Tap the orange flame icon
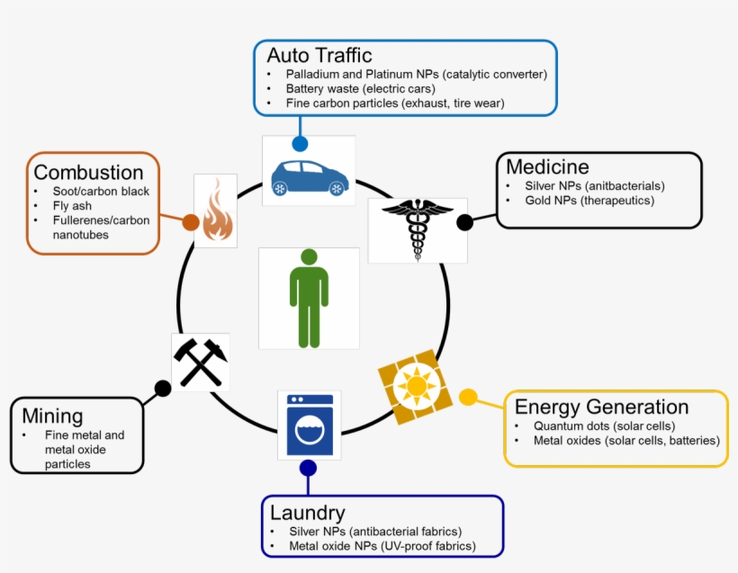(x=217, y=212)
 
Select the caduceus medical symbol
(x=418, y=228)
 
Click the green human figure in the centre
(x=309, y=298)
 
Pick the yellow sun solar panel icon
(x=414, y=387)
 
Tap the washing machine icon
(x=310, y=424)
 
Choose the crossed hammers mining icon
(x=200, y=362)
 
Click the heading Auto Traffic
(x=319, y=56)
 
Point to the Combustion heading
(x=88, y=172)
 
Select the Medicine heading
(x=547, y=166)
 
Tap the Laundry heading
(x=308, y=513)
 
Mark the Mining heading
(x=53, y=416)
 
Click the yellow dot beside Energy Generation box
(x=468, y=397)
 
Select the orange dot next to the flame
(x=191, y=222)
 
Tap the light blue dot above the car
(x=300, y=143)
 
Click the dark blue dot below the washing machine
(x=308, y=468)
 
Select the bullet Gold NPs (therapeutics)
(x=589, y=200)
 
